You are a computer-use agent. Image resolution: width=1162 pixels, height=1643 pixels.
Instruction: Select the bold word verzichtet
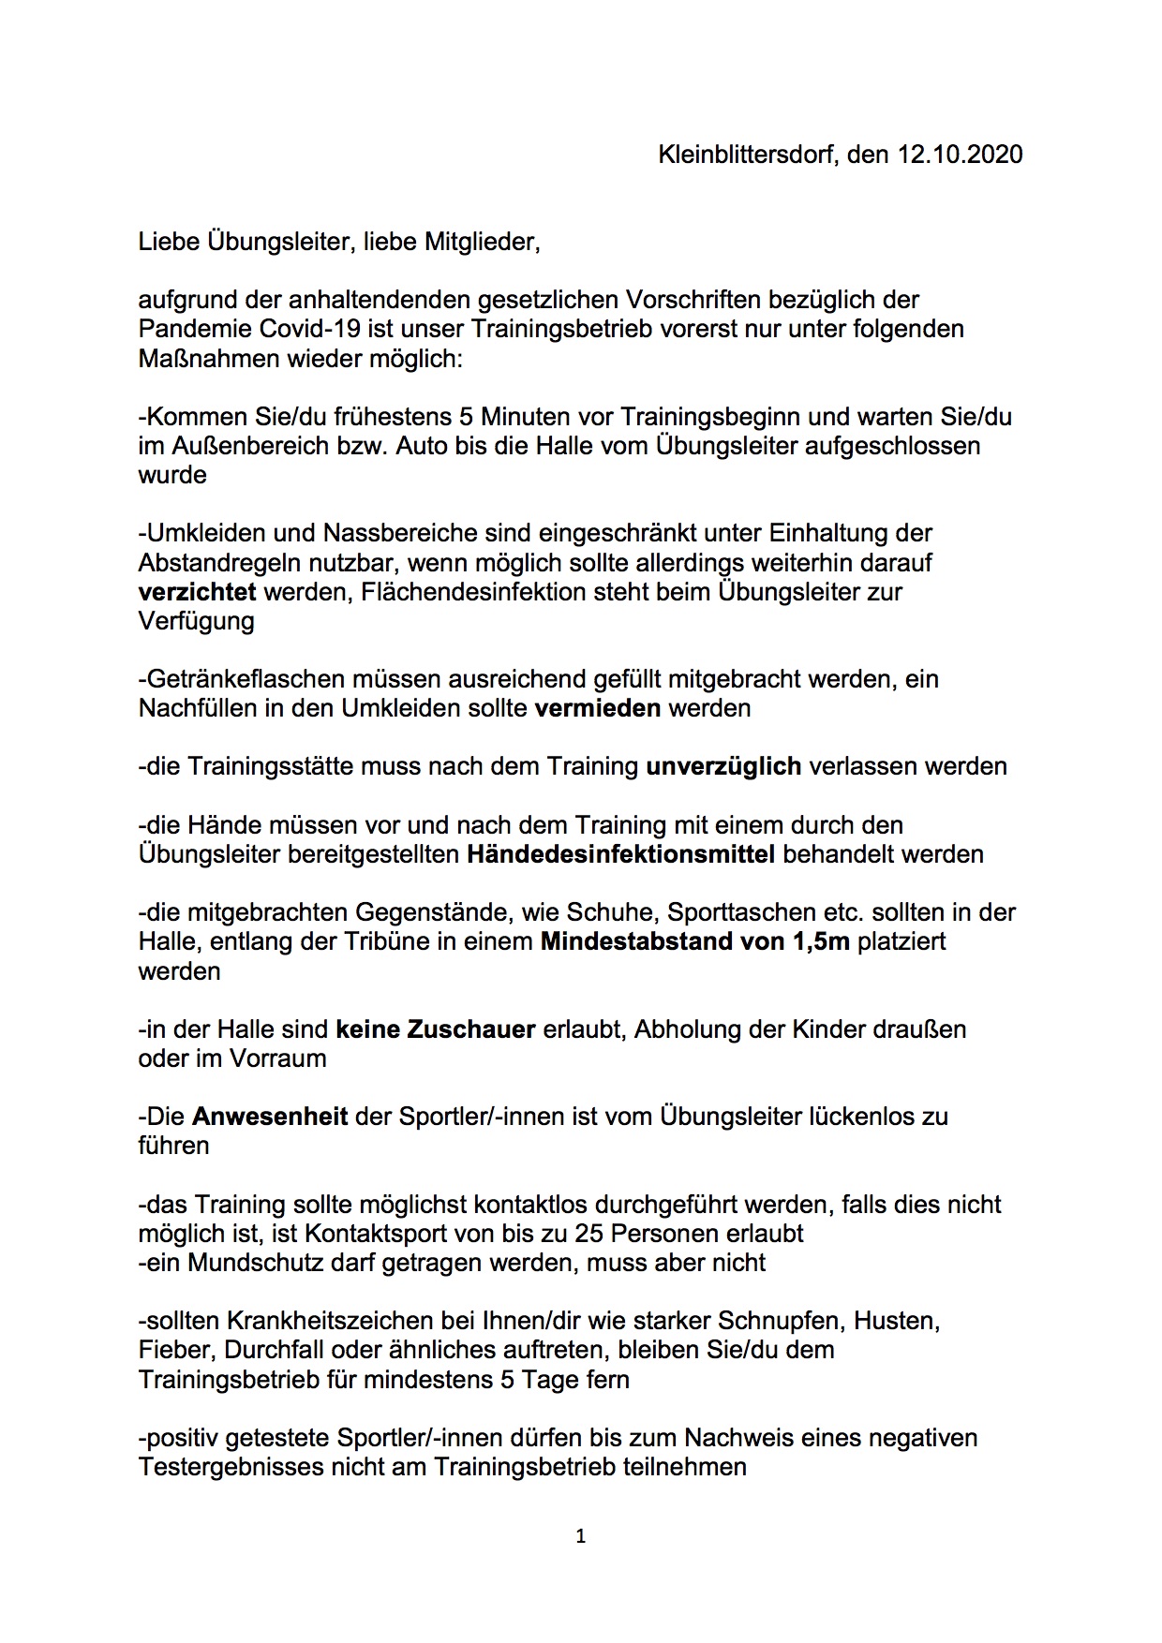[x=198, y=592]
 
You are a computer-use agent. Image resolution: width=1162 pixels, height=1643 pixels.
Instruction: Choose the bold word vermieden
[x=598, y=708]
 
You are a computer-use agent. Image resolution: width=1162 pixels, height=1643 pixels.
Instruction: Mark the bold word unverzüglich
[x=723, y=766]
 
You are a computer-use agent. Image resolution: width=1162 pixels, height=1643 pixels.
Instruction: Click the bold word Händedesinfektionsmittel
[x=620, y=854]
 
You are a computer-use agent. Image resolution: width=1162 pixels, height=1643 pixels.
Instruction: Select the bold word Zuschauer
[x=470, y=1029]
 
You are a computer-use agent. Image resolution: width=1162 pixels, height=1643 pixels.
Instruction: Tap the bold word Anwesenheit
[x=270, y=1117]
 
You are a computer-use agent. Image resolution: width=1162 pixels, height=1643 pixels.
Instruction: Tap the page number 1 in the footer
[x=581, y=1536]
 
